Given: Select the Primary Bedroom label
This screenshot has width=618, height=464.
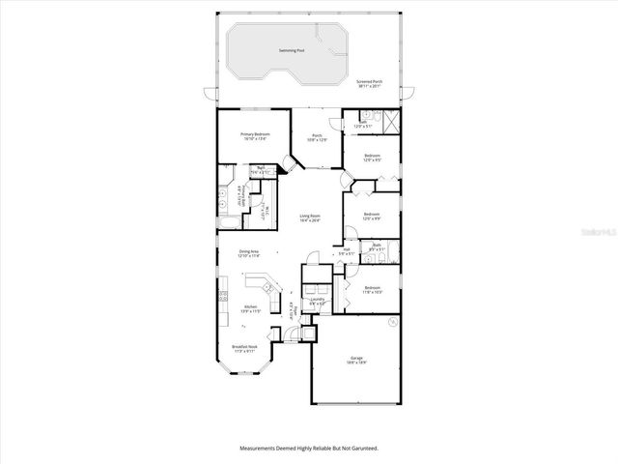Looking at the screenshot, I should [249, 135].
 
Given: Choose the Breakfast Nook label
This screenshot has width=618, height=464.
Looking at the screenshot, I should [244, 347].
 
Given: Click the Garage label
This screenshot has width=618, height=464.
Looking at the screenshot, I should [356, 359].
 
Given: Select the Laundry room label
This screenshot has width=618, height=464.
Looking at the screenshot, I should [317, 299].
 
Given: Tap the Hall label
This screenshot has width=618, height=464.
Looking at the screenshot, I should [346, 250].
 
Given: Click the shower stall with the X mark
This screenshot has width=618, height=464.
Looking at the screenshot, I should [389, 122].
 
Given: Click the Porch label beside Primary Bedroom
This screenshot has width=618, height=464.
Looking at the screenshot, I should [317, 135].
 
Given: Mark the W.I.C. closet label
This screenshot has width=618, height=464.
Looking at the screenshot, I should [258, 207].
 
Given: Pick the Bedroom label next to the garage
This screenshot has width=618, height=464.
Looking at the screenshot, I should [372, 288].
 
